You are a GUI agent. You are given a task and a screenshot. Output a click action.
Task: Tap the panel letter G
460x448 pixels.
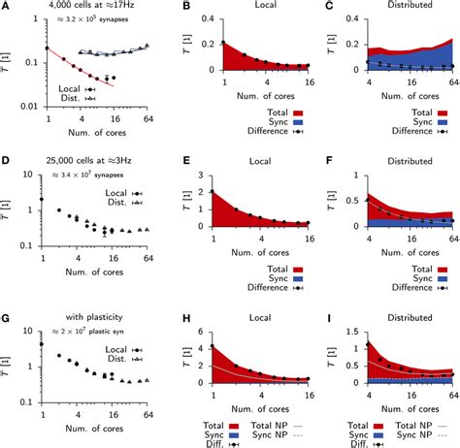[x=6, y=307]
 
